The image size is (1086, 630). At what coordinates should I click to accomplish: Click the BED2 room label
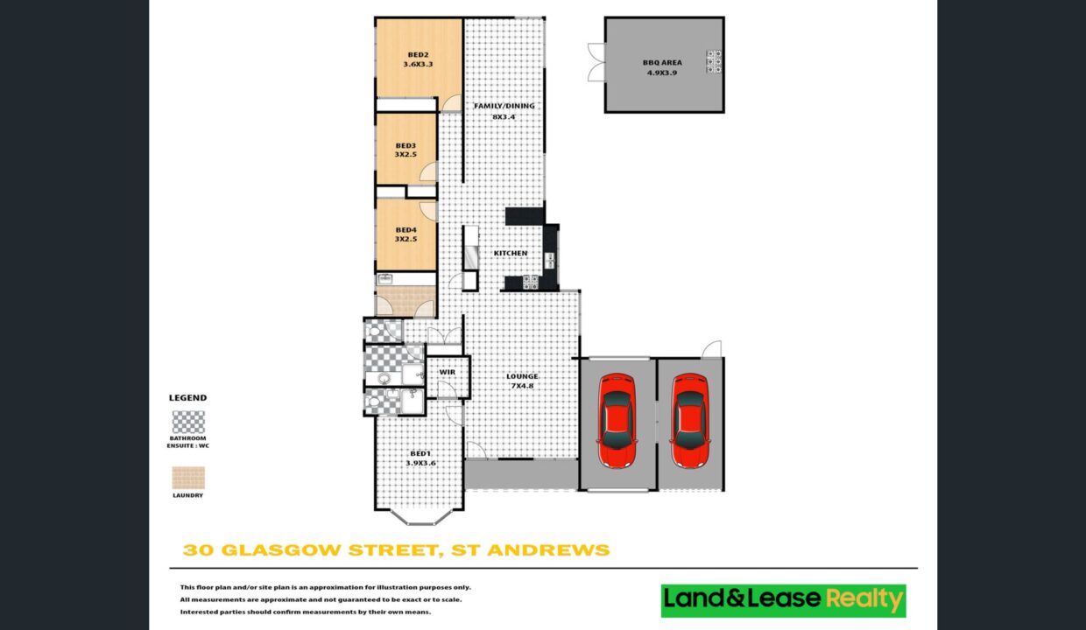418,55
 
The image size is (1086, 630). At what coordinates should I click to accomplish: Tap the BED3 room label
405,145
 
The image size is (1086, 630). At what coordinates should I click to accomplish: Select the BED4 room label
405,230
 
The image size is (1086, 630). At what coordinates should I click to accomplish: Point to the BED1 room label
420,454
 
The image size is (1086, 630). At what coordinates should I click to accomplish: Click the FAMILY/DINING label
504,106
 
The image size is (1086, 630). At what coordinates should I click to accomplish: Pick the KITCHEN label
511,253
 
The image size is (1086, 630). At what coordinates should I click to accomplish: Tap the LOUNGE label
522,376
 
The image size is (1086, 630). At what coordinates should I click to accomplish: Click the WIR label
447,372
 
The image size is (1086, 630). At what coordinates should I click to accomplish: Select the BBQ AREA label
662,62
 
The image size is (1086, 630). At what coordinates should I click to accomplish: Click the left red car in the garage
617,420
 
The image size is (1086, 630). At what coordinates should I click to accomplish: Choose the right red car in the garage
690,420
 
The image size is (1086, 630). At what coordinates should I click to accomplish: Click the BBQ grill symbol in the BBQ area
714,61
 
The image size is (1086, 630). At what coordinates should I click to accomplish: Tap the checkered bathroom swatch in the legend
188,422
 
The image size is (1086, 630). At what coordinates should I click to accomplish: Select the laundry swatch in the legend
188,478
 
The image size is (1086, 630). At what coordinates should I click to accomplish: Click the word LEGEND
187,398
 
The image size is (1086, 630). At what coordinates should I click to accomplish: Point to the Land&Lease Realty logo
784,600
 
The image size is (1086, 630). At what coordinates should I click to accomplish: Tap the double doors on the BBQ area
596,62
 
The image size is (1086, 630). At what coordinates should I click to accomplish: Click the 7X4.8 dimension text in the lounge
522,386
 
